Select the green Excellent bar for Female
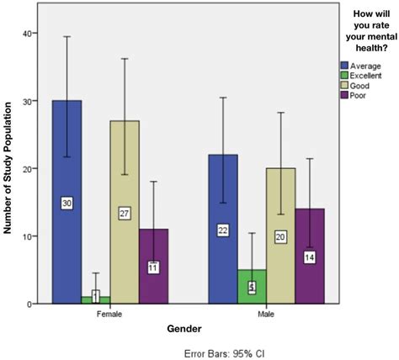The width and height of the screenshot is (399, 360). coord(95,299)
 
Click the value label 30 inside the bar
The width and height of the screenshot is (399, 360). coord(67,203)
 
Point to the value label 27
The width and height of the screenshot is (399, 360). coord(124,214)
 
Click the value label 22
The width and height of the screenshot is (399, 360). coord(224,230)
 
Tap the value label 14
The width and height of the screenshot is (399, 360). coord(309,257)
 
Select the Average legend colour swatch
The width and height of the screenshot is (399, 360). coord(344,66)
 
